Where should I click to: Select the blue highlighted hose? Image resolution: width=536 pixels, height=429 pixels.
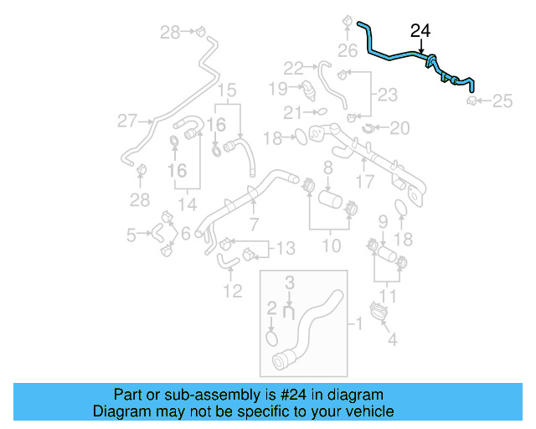coord(394,55)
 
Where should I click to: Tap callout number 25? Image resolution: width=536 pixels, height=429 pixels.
coord(502,101)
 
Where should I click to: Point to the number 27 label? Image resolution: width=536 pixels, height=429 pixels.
coord(126,121)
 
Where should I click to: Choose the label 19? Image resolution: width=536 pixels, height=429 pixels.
coord(278,88)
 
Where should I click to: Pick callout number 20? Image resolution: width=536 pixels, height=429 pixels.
coord(400,127)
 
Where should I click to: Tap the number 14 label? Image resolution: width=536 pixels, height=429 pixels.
coord(189,203)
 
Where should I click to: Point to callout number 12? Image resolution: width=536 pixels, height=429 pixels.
coord(232,291)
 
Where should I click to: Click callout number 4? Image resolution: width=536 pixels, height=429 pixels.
coord(392,339)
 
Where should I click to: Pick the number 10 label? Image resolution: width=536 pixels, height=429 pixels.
coord(332,246)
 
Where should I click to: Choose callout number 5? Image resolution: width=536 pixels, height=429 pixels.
coord(131,235)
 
